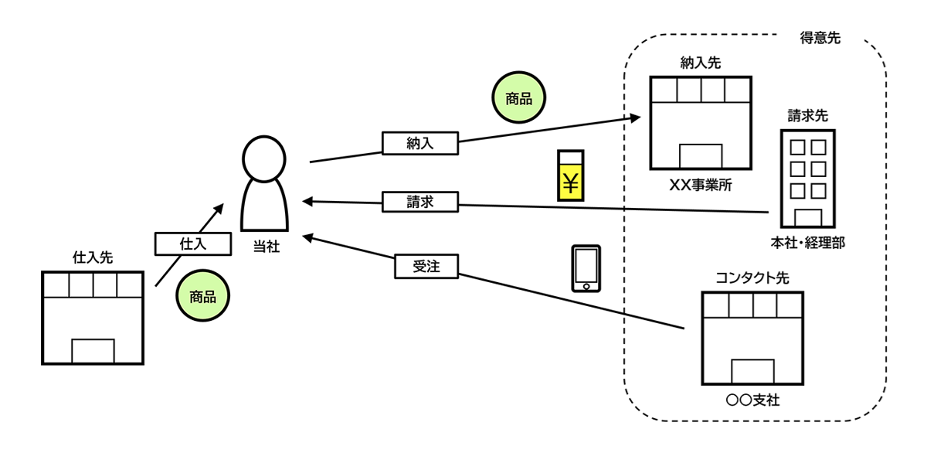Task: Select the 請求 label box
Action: pyautogui.click(x=420, y=202)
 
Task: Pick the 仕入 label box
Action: pyautogui.click(x=194, y=244)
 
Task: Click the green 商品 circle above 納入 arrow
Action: pyautogui.click(x=518, y=99)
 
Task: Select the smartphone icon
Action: pyautogui.click(x=586, y=268)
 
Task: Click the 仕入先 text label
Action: pyautogui.click(x=92, y=257)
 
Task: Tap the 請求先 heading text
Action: pyautogui.click(x=807, y=116)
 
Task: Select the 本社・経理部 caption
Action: pyautogui.click(x=807, y=243)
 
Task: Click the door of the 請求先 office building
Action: pyautogui.click(x=808, y=218)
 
